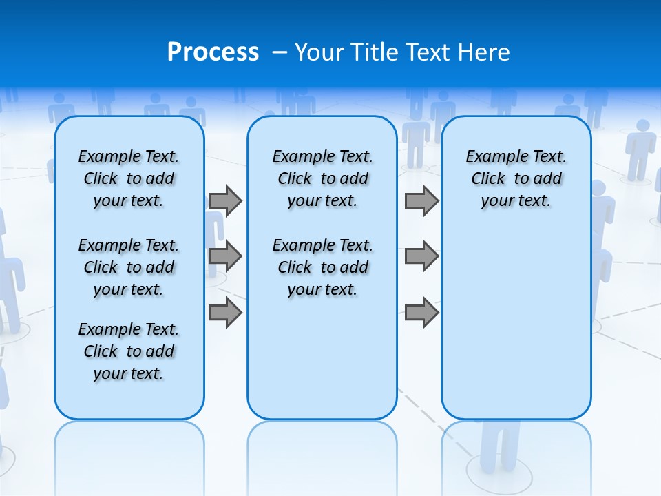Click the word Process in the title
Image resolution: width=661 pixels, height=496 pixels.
(x=213, y=52)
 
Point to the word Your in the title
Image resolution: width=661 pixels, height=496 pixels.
(x=320, y=52)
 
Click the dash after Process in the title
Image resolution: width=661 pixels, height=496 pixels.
(x=280, y=52)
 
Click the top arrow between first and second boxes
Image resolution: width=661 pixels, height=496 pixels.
(x=225, y=200)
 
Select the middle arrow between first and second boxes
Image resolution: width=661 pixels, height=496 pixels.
(x=225, y=256)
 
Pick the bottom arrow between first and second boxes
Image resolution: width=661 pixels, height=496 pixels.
(x=225, y=313)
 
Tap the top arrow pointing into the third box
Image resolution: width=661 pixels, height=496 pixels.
(x=421, y=200)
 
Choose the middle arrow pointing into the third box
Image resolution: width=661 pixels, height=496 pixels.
(x=421, y=256)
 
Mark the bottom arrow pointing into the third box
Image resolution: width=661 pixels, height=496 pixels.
(x=421, y=313)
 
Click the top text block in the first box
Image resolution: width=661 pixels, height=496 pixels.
(x=129, y=178)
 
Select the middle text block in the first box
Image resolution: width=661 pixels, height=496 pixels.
(x=129, y=267)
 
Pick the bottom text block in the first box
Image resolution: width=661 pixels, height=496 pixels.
(x=129, y=351)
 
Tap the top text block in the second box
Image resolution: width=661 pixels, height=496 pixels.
(x=322, y=178)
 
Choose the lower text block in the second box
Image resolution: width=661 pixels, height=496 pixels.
(x=322, y=267)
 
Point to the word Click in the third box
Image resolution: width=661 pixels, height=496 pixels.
(x=488, y=179)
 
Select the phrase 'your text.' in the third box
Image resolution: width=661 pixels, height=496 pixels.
(x=516, y=201)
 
